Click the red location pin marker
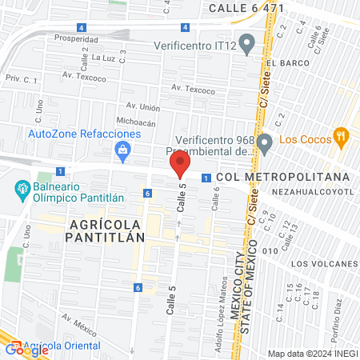click(x=179, y=166)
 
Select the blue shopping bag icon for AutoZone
click(x=122, y=148)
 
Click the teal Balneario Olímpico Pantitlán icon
click(x=22, y=190)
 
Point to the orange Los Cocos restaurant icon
click(x=342, y=136)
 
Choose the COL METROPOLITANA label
click(x=283, y=176)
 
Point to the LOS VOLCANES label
click(x=323, y=263)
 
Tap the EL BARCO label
click(x=283, y=63)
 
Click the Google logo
click(x=27, y=349)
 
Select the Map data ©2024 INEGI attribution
click(x=312, y=354)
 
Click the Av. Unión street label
click(x=143, y=106)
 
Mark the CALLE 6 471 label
click(x=246, y=7)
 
